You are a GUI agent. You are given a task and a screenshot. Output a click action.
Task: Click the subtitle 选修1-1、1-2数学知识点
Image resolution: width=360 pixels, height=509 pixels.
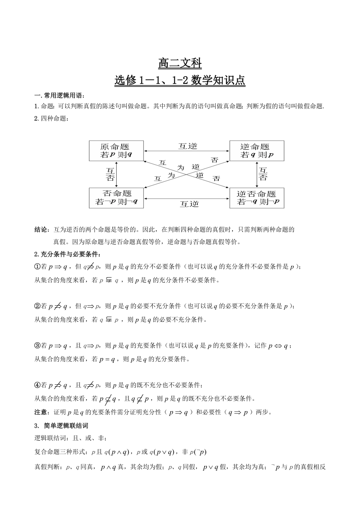click(180, 81)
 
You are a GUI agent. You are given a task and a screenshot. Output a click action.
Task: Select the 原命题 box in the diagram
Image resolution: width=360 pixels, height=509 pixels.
click(116, 151)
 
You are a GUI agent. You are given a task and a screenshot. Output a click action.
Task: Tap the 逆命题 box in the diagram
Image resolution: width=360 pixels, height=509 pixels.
click(257, 151)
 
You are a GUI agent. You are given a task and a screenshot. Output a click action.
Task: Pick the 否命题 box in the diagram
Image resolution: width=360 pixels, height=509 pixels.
click(116, 197)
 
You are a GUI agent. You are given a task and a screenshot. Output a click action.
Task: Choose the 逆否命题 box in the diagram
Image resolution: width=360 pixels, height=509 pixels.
click(257, 197)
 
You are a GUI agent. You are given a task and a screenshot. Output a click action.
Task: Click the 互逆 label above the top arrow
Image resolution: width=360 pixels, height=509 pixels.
click(188, 146)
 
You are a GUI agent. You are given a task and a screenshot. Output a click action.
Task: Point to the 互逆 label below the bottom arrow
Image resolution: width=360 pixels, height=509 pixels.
click(189, 204)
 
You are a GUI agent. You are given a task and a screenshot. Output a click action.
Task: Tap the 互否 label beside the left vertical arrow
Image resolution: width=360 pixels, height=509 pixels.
click(110, 174)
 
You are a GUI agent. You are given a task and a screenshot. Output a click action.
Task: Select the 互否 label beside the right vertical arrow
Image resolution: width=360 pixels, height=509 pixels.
click(263, 174)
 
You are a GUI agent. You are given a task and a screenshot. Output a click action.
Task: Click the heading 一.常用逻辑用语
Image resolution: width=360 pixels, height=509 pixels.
click(59, 96)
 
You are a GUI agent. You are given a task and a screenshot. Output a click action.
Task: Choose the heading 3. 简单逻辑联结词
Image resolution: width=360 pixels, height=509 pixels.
click(64, 425)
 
